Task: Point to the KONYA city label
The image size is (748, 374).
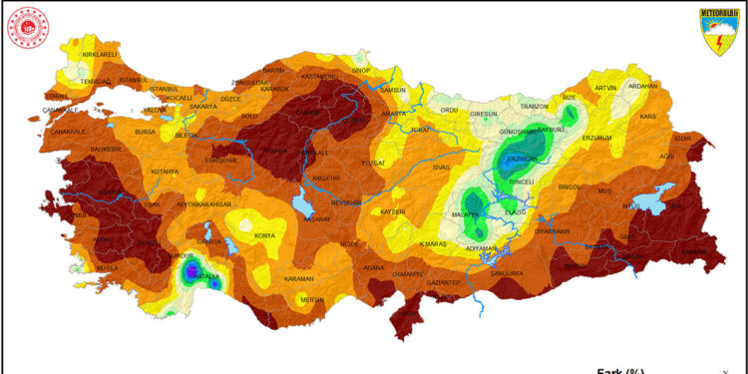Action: point(264,235)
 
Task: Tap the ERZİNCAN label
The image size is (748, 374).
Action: point(523,160)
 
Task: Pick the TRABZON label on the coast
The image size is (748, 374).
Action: point(535,106)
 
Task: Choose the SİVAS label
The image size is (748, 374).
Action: point(442,169)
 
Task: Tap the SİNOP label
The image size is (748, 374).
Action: point(361,71)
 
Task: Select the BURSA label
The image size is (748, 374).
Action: point(146,131)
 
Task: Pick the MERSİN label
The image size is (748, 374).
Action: point(314,299)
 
